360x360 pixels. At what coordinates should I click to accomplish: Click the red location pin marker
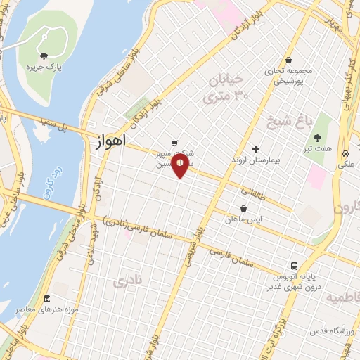181,167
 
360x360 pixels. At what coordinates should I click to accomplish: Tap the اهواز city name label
109,141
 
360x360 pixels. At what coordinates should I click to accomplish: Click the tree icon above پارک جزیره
44,55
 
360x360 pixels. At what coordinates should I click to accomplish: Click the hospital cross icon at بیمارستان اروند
255,149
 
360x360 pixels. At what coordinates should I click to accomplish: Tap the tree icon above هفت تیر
316,139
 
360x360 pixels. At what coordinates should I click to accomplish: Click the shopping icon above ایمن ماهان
243,209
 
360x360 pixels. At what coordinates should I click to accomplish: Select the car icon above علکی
345,153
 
